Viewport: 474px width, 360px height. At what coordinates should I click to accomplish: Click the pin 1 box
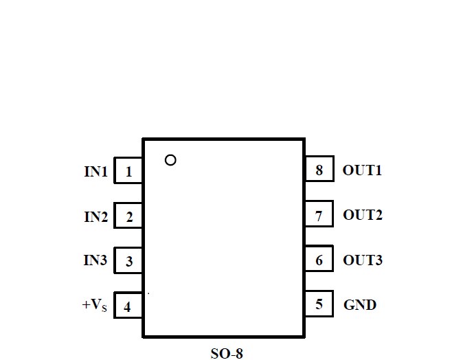click(x=128, y=172)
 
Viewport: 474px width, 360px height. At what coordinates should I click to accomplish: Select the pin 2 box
click(x=128, y=217)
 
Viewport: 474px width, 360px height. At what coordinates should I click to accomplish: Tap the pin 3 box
click(x=128, y=262)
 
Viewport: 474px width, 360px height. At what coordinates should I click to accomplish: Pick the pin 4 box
click(x=128, y=306)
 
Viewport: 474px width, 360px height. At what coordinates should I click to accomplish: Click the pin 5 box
click(x=319, y=304)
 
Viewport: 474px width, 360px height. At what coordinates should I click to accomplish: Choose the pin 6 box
click(x=319, y=260)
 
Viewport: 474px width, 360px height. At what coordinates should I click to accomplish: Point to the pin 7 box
click(x=319, y=216)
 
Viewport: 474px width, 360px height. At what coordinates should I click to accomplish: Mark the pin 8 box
click(x=319, y=170)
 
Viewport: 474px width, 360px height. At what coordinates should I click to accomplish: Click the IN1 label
click(x=96, y=172)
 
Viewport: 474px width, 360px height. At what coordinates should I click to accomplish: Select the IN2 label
click(x=96, y=217)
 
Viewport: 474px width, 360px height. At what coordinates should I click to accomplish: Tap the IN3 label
click(x=96, y=261)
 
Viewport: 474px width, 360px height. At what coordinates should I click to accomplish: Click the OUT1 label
click(x=362, y=170)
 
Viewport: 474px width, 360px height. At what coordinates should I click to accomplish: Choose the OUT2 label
click(x=363, y=215)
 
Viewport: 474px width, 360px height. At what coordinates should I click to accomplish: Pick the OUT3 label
click(x=363, y=260)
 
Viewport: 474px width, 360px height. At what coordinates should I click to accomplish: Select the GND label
click(x=360, y=304)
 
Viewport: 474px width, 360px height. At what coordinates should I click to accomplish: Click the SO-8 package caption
click(x=227, y=354)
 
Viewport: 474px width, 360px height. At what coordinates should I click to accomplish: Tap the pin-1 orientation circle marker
click(x=170, y=160)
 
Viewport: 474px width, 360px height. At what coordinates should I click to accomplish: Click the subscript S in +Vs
click(x=104, y=308)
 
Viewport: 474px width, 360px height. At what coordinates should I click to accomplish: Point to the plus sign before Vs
click(x=85, y=304)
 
